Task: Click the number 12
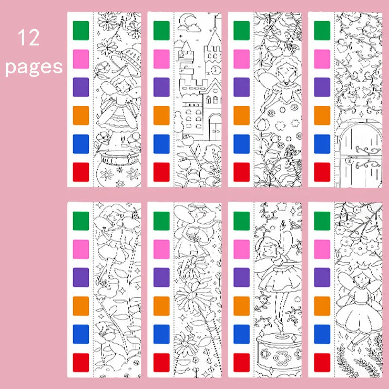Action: (29, 38)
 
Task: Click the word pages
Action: (34, 66)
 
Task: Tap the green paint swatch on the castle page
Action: (161, 30)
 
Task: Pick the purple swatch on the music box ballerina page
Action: (242, 277)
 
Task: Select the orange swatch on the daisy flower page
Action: (161, 306)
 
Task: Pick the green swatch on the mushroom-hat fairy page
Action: (80, 30)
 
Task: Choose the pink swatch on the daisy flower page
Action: (161, 249)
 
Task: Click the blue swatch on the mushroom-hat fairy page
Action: (80, 144)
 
